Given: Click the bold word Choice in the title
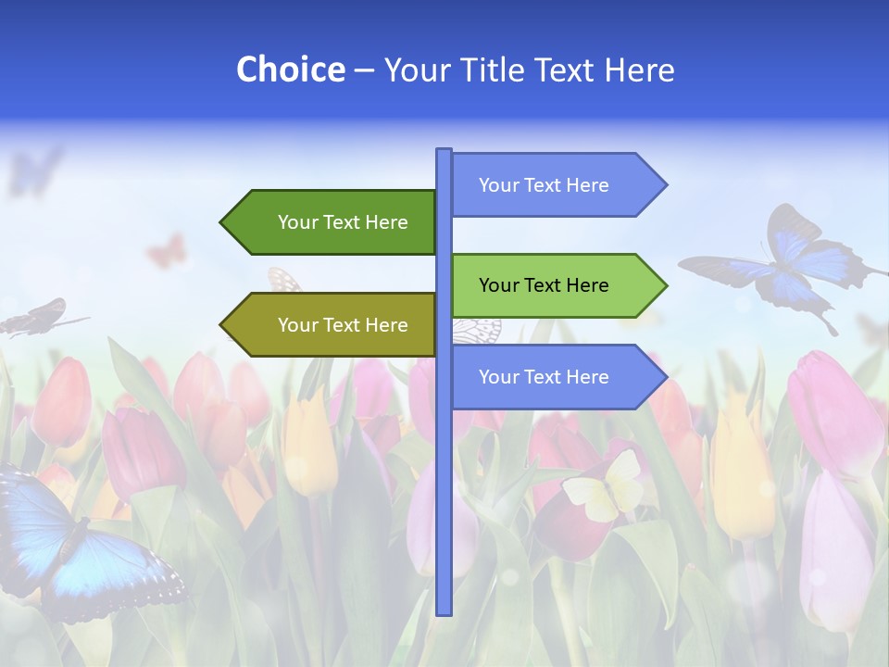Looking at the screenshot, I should [290, 70].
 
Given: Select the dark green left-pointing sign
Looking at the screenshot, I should [333, 222].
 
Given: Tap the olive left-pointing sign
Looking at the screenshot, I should [333, 325].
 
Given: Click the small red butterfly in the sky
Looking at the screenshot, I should [167, 251].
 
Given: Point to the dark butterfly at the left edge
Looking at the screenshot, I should [37, 317].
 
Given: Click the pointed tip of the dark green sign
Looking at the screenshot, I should [223, 222].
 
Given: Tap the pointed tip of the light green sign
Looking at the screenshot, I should [664, 285].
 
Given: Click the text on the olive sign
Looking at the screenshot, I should [343, 325].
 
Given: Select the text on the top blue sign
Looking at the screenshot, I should [544, 185].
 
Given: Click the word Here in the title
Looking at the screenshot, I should [639, 70].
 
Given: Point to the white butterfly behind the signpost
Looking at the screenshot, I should [478, 329].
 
